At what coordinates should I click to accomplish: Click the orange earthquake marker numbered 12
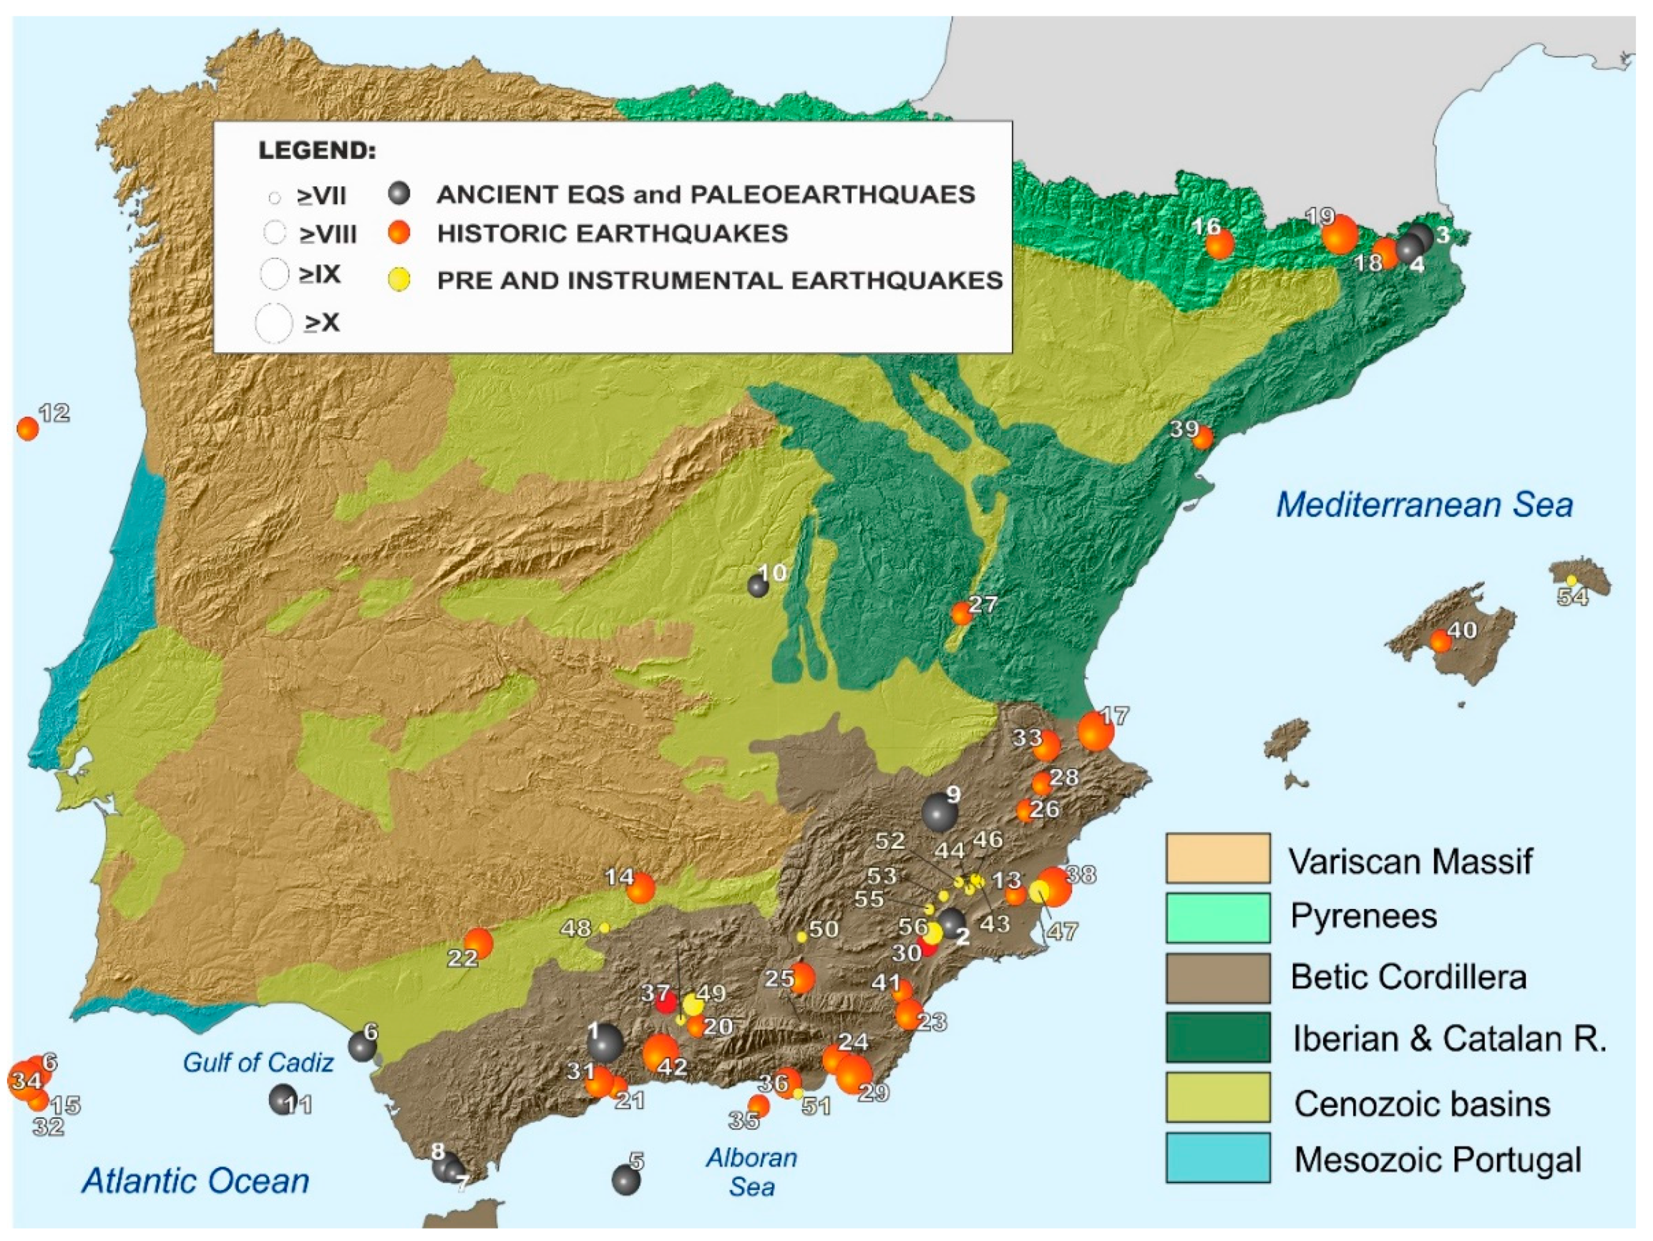pyautogui.click(x=28, y=428)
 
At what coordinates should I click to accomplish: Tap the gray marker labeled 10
pyautogui.click(x=758, y=586)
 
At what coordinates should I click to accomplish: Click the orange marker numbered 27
pyautogui.click(x=961, y=613)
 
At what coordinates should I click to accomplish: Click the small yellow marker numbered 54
pyautogui.click(x=1571, y=580)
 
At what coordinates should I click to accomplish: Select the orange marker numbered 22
pyautogui.click(x=478, y=943)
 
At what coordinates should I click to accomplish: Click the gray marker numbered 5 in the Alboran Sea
pyautogui.click(x=625, y=1179)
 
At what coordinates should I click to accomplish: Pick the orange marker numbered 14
pyautogui.click(x=640, y=888)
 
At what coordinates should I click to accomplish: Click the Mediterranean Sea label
pyautogui.click(x=1424, y=505)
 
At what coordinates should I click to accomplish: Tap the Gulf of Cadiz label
pyautogui.click(x=258, y=1062)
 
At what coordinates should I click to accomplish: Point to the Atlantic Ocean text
pyautogui.click(x=196, y=1181)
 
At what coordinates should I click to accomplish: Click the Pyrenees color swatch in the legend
pyautogui.click(x=1218, y=917)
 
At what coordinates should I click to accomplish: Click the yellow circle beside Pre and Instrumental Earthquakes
pyautogui.click(x=400, y=280)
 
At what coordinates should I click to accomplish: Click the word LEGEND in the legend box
pyautogui.click(x=317, y=150)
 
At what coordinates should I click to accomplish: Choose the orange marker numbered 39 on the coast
pyautogui.click(x=1202, y=438)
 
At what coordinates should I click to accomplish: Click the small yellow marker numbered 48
pyautogui.click(x=605, y=927)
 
